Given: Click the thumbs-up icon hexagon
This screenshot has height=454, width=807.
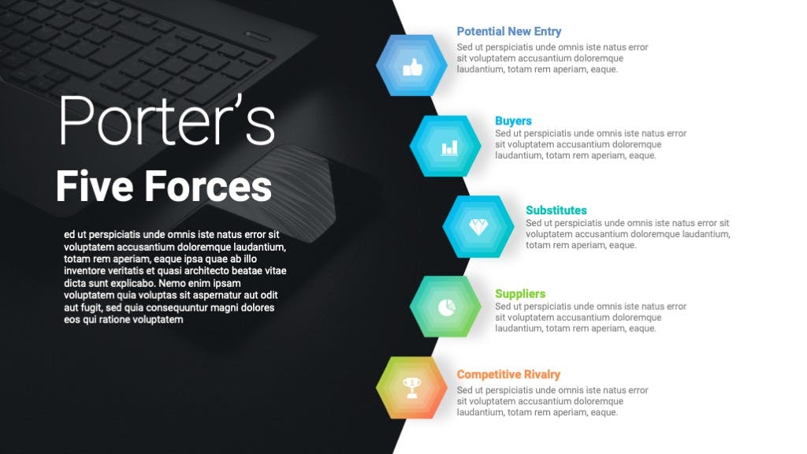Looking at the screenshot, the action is tap(411, 65).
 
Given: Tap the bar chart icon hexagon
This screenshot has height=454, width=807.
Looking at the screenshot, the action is tap(445, 146).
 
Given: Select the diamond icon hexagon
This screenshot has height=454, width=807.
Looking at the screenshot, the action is tap(478, 226).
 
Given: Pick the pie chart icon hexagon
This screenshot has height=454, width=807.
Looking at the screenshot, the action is tap(445, 307).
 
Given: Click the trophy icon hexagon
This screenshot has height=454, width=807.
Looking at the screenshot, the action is tap(411, 388).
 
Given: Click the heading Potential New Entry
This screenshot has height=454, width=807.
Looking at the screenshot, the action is tap(509, 32).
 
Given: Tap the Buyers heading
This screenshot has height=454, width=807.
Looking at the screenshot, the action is tap(513, 121).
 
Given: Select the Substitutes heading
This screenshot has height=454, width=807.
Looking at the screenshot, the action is tap(556, 210).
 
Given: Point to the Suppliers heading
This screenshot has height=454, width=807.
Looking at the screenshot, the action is tap(520, 294).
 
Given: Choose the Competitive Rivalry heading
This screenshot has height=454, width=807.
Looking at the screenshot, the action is tap(508, 374).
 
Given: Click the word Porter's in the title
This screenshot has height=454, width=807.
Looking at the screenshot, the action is tap(167, 121).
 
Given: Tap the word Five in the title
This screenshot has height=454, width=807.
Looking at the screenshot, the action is tap(95, 186).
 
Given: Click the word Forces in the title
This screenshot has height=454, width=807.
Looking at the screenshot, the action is tap(208, 186).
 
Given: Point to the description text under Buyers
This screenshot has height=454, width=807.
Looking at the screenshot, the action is tap(591, 144).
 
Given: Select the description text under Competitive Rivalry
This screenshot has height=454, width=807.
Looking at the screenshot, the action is tap(552, 401).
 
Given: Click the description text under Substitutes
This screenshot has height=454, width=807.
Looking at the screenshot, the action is tap(627, 234).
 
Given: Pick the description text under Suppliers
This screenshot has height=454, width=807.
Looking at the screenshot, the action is tap(591, 317).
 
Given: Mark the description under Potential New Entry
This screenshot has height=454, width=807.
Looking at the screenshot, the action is tap(552, 58).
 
